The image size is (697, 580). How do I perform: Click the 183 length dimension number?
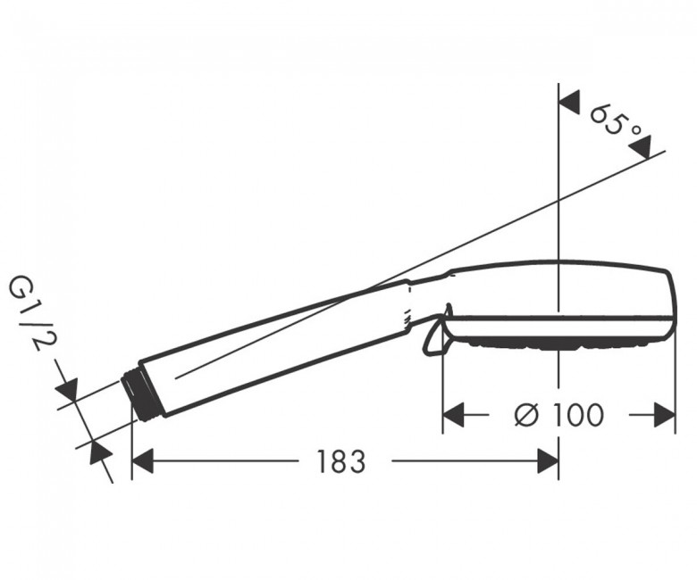click(340, 461)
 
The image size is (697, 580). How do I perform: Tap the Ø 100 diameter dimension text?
click(559, 415)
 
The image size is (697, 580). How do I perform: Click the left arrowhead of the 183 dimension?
click(143, 461)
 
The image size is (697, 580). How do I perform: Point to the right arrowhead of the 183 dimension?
click(548, 461)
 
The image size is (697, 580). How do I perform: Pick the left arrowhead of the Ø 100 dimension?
click(454, 415)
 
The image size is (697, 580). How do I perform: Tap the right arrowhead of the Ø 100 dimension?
click(665, 415)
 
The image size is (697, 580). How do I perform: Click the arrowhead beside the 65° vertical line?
click(569, 103)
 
